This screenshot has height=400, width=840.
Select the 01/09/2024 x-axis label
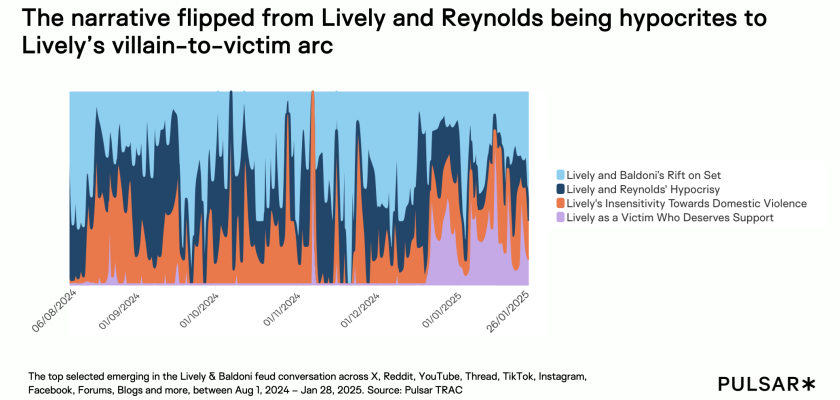click(121, 310)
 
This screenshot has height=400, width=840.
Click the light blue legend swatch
click(559, 174)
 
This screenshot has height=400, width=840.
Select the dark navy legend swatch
click(559, 188)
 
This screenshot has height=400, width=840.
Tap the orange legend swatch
click(559, 203)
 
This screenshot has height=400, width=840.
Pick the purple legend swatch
click(559, 217)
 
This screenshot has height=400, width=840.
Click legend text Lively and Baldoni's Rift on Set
click(639, 174)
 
